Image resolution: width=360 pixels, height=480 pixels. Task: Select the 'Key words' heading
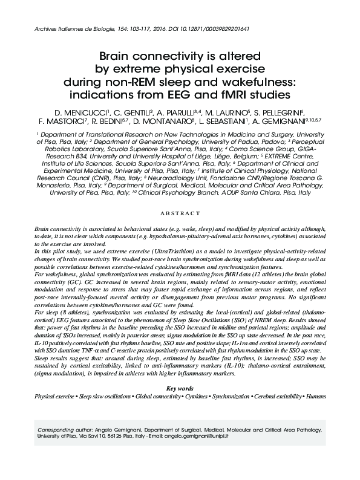click(x=179, y=388)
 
